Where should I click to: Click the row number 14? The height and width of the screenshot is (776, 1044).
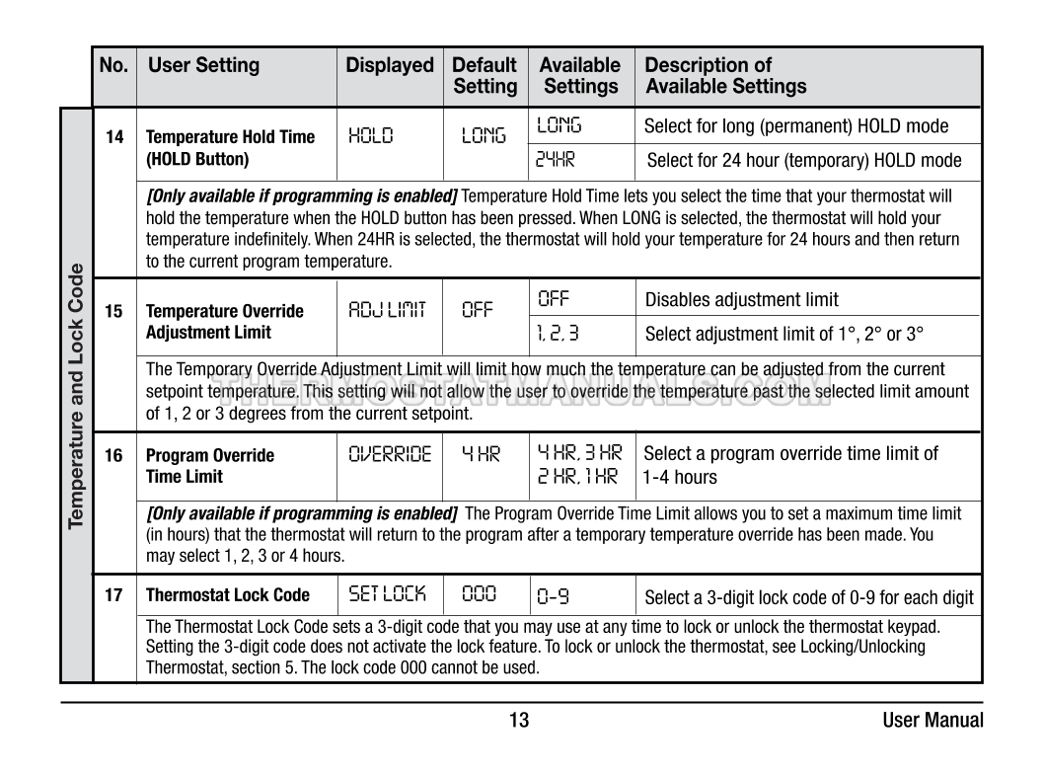tap(114, 137)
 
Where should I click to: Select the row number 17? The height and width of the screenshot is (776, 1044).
tap(114, 595)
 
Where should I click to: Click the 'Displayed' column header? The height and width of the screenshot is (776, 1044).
tap(390, 66)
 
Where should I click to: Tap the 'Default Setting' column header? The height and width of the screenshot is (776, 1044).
tap(485, 76)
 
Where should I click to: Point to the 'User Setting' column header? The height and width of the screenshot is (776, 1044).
tap(204, 66)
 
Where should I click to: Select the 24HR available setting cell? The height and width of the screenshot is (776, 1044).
tap(559, 160)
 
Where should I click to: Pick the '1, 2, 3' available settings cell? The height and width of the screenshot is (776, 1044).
tap(559, 333)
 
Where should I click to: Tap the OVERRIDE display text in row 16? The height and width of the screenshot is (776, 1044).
tap(390, 455)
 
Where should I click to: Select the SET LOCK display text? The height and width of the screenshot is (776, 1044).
tap(388, 594)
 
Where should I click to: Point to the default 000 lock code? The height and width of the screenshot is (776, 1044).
tap(480, 595)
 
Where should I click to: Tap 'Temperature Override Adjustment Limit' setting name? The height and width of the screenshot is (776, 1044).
tap(225, 322)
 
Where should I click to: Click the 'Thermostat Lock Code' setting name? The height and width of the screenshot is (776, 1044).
tap(228, 595)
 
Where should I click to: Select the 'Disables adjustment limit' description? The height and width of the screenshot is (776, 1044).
tap(742, 300)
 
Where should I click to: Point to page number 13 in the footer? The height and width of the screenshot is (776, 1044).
tap(519, 721)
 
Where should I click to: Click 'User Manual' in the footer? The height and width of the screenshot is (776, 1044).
tap(932, 721)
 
